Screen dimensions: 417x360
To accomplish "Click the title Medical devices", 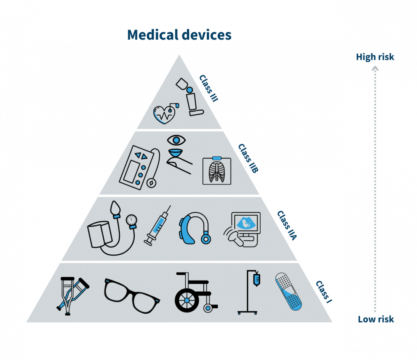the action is (179, 35).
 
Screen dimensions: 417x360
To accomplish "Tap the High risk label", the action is (375, 57).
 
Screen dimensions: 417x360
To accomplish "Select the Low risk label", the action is (376, 319).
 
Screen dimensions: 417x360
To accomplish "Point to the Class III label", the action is (209, 88).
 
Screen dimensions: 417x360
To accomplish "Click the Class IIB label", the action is (248, 158).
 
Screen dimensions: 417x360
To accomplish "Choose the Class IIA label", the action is (287, 226).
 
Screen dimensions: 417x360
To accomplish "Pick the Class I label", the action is (324, 292).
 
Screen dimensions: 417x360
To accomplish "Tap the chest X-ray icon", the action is (217, 171).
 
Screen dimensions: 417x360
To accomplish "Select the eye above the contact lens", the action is (176, 140).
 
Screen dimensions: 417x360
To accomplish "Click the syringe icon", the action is (158, 226).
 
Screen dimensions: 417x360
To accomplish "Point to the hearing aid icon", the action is (195, 228).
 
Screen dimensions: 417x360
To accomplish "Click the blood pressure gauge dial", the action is (132, 220).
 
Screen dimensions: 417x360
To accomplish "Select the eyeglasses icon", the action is (132, 296).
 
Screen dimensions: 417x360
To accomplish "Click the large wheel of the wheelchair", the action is (187, 300).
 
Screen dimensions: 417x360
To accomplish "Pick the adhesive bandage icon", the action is (288, 291).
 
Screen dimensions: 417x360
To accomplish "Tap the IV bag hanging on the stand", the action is (257, 279).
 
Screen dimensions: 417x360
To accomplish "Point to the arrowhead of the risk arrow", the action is (375, 69).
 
